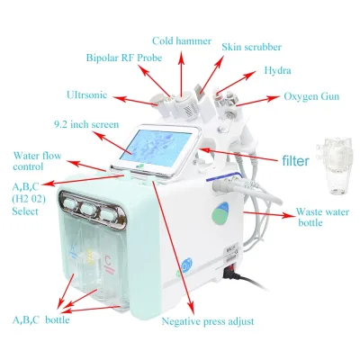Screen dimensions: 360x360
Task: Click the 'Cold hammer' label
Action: coord(182,40)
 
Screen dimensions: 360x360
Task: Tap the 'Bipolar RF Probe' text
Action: coord(124,58)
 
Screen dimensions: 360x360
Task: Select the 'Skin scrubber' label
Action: coord(252,47)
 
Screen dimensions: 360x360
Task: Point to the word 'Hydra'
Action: coord(277,71)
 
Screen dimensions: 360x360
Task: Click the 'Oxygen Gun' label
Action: coord(311,96)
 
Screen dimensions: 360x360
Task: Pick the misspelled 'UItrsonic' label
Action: coord(86,95)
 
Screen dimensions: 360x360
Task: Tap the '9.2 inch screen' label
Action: coord(86,124)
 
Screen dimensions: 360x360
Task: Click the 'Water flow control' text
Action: coord(37,161)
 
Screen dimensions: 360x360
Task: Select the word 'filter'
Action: coord(295,161)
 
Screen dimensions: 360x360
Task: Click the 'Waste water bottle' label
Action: coord(322,217)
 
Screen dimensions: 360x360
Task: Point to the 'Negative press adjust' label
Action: coord(208,321)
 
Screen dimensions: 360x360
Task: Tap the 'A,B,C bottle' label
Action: coord(40,319)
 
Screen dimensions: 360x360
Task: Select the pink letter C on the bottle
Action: coord(108,259)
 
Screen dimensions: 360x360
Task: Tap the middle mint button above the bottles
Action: coord(88,209)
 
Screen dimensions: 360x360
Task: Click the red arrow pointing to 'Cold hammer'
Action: coord(181,73)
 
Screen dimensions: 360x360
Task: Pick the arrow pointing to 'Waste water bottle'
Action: coord(268,214)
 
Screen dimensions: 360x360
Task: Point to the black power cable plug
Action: coord(231,274)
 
